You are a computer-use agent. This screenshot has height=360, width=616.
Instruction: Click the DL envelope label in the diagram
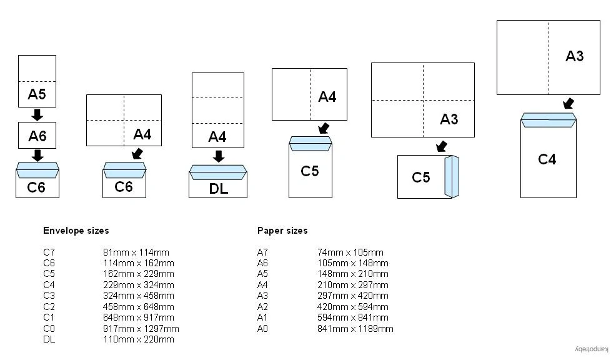coord(219,189)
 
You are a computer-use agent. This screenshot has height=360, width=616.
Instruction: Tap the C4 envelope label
coord(547,159)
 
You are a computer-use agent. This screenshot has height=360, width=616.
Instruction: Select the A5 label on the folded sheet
coord(37,94)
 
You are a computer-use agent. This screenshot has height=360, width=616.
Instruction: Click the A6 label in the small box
coord(37,136)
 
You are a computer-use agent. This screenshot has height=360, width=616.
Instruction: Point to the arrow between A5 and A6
coord(37,115)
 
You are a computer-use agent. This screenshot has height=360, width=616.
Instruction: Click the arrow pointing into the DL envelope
coord(219,156)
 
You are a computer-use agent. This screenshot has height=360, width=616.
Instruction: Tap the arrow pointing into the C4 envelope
coord(568,104)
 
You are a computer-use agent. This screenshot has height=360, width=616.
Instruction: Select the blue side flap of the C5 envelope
coord(452,176)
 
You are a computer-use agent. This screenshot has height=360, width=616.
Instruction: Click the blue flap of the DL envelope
coord(218,172)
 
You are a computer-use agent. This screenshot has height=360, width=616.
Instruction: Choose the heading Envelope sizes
coord(76,231)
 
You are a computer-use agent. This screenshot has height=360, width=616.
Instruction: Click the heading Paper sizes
coord(282,231)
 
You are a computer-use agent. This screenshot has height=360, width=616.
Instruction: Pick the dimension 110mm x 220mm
coord(139,339)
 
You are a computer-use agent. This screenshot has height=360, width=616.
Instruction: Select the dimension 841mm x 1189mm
coord(355,329)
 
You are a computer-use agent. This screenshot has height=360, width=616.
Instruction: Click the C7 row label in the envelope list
coord(49,252)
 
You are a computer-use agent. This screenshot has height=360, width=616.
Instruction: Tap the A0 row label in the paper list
coord(262,329)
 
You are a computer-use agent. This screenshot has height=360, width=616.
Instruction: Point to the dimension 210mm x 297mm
coord(353,284)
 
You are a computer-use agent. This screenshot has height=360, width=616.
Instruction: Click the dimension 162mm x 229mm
coord(139,274)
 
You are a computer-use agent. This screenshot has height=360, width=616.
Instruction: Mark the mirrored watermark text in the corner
coord(592,349)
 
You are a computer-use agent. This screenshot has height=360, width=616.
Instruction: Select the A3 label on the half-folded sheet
coord(574,56)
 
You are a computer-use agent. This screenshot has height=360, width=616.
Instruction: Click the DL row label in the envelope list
coord(49,339)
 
